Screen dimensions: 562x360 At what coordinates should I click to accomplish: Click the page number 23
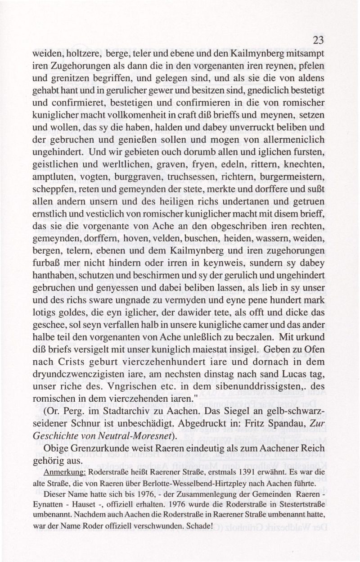pyautogui.click(x=318, y=41)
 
